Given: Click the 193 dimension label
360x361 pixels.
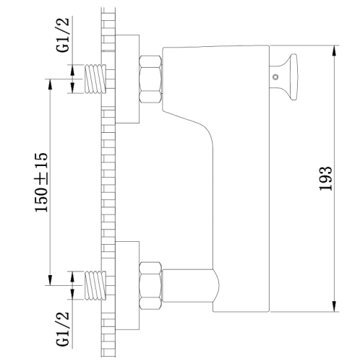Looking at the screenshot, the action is (325, 178).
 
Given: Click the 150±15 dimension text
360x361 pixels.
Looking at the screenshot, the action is (41, 182).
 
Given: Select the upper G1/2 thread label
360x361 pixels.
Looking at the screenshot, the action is (63, 35).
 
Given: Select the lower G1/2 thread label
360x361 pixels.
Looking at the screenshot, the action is (63, 329).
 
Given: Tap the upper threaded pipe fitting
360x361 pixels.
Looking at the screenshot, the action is (95, 79).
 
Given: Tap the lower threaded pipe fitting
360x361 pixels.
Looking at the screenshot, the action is (95, 285).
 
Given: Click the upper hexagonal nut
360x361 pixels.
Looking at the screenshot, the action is (150, 79).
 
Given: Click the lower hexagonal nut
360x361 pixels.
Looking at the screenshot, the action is (150, 285).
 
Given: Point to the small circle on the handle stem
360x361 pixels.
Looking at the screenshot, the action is (275, 77).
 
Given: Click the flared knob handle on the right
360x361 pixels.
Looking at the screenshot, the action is (289, 77).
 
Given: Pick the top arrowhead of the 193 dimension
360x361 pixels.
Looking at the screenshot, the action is (334, 51).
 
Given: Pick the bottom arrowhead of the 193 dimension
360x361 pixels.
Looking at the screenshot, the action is (334, 306).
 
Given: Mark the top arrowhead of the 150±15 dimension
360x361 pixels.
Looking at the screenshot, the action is (50, 84).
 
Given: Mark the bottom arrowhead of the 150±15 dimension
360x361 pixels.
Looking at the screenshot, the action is (50, 279).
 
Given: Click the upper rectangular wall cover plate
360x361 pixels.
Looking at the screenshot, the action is (127, 79).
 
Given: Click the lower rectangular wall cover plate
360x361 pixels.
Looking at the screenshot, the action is (127, 285).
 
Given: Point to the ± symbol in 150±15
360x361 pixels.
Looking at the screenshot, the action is (41, 179).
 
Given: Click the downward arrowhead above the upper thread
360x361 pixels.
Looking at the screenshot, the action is (72, 70).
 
